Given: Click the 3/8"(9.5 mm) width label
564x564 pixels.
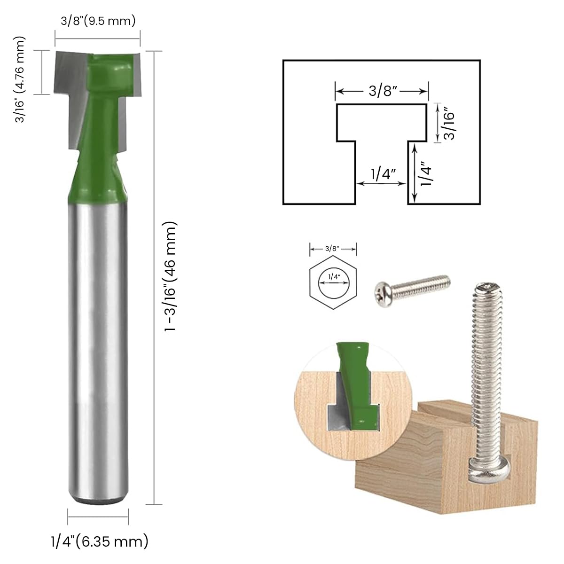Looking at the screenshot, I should pos(98,21).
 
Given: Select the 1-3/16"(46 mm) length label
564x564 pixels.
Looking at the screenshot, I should pos(170,277).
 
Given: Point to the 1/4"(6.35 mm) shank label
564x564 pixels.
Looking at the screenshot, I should pos(99,541).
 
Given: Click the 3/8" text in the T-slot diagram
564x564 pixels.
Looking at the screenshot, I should pos(381,91).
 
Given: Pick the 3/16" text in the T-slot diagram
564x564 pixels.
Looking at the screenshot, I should pos(450,123).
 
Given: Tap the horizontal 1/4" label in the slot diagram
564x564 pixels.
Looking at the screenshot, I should pos(381,174).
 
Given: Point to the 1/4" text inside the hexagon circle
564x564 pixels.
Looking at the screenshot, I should pos(334,277).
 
